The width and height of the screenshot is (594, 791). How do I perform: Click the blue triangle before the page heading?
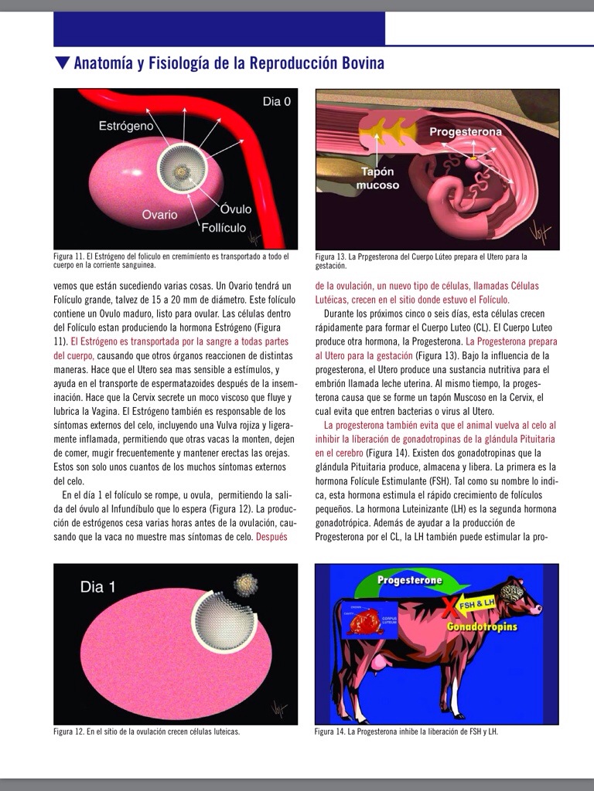point(62,63)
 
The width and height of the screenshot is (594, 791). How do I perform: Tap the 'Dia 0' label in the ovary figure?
point(277,101)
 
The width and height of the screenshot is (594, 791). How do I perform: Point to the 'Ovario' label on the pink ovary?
point(159,214)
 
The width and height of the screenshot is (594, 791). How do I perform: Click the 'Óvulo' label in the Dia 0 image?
point(235,209)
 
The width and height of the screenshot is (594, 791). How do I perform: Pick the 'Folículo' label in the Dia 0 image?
point(224,228)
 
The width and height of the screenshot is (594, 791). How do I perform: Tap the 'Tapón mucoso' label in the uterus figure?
point(377,178)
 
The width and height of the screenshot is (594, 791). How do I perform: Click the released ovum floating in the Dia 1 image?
point(245,582)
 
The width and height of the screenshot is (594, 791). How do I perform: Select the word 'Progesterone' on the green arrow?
point(410,579)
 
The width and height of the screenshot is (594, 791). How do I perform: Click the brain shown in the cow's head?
point(511,592)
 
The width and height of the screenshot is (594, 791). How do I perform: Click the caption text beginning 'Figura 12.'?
point(146,732)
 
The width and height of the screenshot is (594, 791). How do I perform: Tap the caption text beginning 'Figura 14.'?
point(406,732)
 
